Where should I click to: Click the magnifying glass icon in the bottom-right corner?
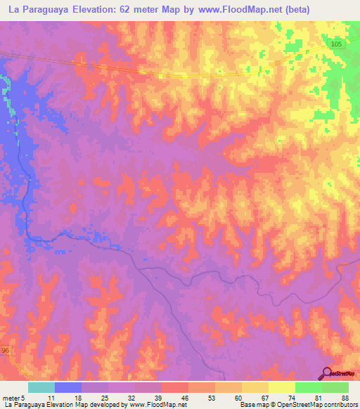coord(328,373)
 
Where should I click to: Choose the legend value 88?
coord(344,397)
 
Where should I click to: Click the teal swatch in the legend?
coord(41,387)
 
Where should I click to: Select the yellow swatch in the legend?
coord(281,387)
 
